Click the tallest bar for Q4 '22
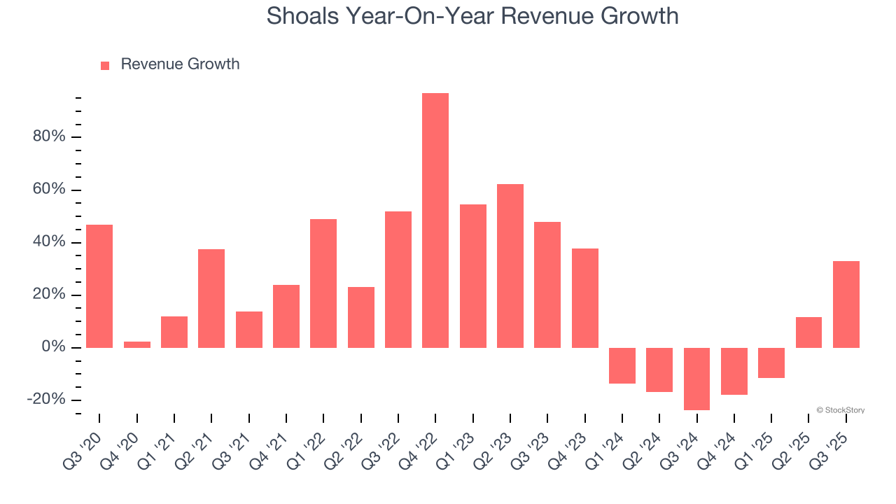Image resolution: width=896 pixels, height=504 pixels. [x=435, y=220]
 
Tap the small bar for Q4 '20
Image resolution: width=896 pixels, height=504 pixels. [x=137, y=344]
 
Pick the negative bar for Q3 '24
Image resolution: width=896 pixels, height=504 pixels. [x=696, y=379]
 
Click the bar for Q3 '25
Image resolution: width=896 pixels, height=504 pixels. [x=846, y=304]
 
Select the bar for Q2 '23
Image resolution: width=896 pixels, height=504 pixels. [x=510, y=266]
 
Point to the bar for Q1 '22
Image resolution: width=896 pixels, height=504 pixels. [x=323, y=283]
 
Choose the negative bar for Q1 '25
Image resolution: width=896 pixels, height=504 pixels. [x=771, y=363]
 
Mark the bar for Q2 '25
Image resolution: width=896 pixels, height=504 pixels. [x=808, y=332]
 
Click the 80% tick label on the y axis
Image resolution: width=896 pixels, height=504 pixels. [x=49, y=136]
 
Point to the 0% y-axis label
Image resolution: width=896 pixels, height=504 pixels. [x=53, y=347]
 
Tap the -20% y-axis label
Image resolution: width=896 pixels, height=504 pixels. [x=46, y=400]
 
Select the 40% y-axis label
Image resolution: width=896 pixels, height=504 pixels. [x=49, y=242]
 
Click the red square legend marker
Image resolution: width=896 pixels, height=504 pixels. [x=105, y=65]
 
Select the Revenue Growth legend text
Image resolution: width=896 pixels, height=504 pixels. [x=180, y=64]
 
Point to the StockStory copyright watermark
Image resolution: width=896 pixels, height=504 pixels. [x=840, y=410]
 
